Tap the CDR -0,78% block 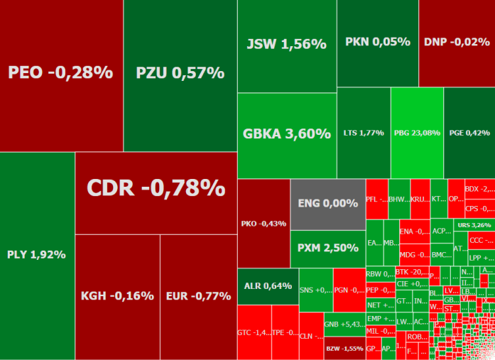pos(156,188)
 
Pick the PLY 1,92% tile pos(37,254)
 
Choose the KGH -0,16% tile pos(117,296)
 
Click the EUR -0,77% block pos(198,296)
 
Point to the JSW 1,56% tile pos(286,45)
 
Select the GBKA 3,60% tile pos(286,134)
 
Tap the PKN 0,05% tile pos(377,43)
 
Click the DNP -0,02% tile pos(457,43)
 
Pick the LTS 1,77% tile pos(364,133)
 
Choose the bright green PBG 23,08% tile pos(417,133)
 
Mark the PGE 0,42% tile pos(469,133)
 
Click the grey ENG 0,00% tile pos(327,204)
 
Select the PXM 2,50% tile pos(327,248)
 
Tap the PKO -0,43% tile pos(263,223)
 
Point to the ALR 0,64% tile pos(267,286)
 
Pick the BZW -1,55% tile pos(344,348)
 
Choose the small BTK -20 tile pos(411,272)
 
